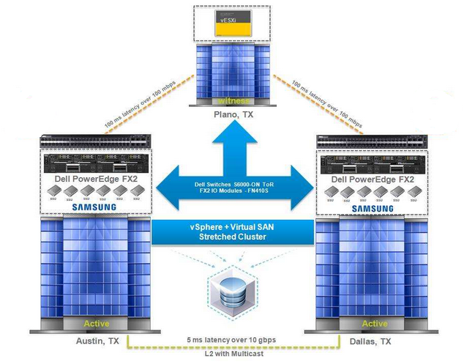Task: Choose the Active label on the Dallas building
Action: click(375, 323)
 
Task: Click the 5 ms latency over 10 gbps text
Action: click(232, 339)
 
